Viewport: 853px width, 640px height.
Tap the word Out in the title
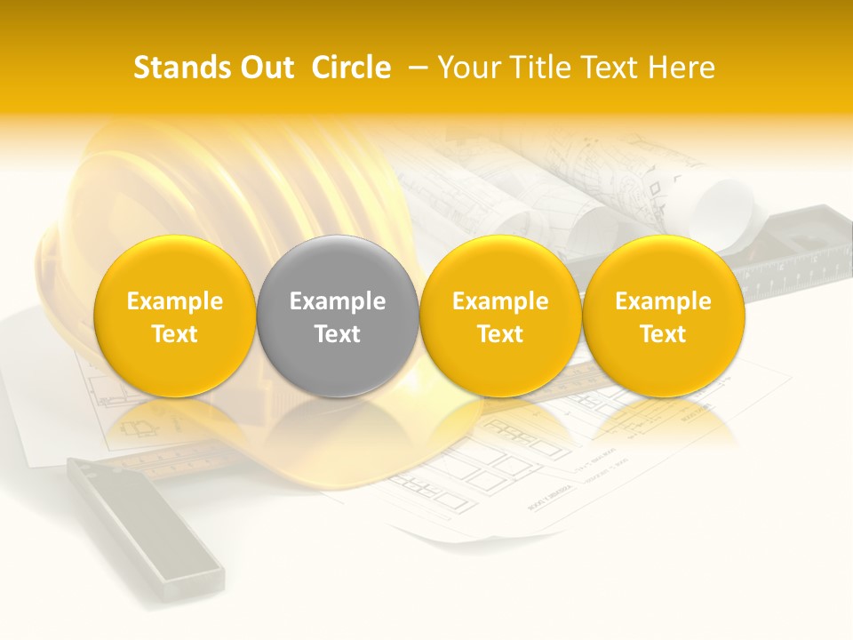click(x=265, y=68)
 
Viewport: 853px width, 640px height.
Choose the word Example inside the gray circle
click(x=338, y=301)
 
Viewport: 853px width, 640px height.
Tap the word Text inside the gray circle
click(x=338, y=334)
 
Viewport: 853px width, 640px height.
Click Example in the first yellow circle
click(x=175, y=301)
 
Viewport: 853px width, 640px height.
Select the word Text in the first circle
click(x=175, y=334)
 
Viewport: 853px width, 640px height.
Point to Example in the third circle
click(x=500, y=301)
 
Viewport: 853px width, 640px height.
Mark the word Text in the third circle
click(x=500, y=334)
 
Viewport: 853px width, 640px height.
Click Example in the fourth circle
click(x=663, y=301)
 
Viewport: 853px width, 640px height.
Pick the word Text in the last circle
click(x=663, y=334)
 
